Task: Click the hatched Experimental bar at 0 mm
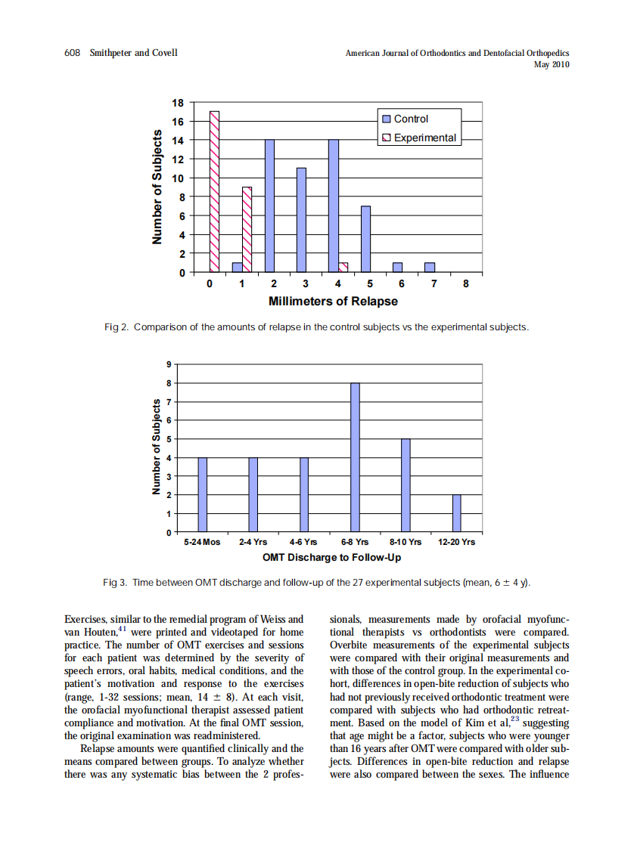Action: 215,191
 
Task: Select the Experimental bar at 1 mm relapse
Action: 247,229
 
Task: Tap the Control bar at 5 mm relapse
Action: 365,239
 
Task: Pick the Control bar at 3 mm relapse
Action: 301,220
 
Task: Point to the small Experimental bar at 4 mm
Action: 343,267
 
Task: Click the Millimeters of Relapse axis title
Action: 333,301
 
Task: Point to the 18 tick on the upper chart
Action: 179,102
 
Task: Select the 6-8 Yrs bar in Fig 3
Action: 355,457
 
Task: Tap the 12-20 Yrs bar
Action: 457,513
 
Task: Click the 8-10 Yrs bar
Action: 406,485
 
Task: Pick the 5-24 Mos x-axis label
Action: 202,542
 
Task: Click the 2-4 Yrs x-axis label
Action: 253,542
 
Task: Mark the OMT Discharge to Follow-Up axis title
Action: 331,558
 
